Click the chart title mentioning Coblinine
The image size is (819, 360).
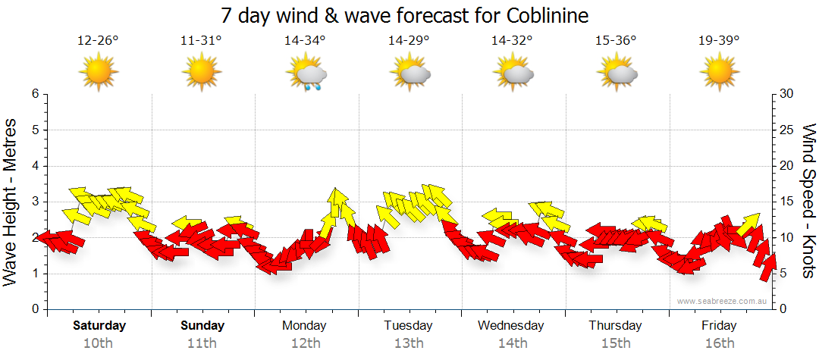[405, 15]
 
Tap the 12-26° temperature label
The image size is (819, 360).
[98, 40]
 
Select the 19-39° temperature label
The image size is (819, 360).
[719, 40]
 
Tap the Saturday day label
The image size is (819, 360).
[99, 326]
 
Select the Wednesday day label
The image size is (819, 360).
[511, 326]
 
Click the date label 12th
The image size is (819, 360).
[305, 343]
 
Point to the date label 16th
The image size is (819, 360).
[719, 343]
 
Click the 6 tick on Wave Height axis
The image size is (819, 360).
[34, 94]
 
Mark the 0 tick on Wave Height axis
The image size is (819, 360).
[34, 309]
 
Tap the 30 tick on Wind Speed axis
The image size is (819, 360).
[786, 94]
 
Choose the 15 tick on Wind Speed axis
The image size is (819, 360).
[786, 202]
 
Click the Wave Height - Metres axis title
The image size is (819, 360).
[11, 202]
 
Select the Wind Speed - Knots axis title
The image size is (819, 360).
[808, 202]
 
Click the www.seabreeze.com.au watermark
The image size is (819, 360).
[723, 301]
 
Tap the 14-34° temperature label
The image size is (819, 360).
[305, 40]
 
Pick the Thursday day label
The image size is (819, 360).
[615, 326]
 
